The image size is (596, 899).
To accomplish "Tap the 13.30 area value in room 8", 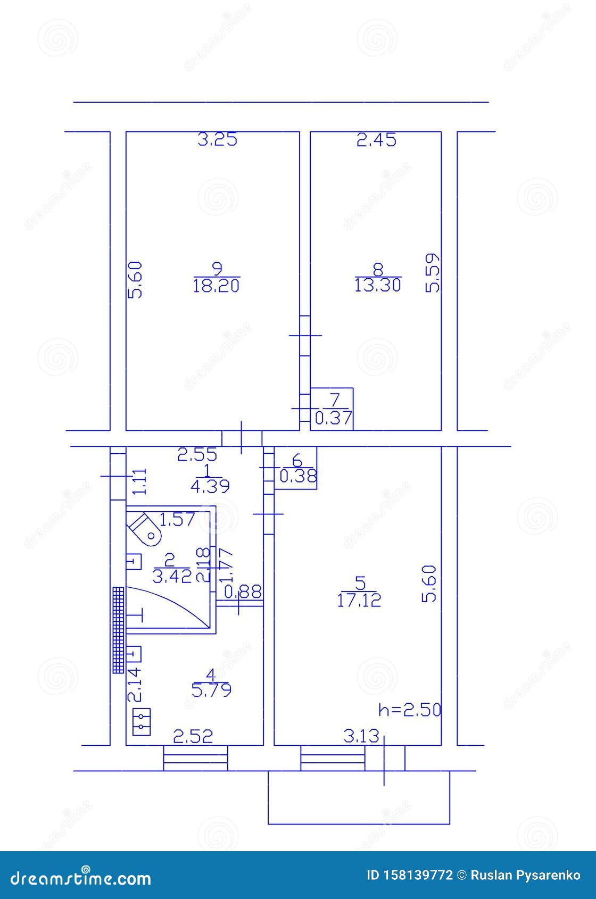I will click(x=377, y=286).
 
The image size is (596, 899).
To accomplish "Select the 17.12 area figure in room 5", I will click(x=359, y=601).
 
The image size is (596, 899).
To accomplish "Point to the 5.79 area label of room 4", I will click(x=211, y=690).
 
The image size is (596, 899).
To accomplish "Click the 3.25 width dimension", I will click(x=217, y=140).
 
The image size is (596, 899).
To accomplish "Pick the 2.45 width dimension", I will click(x=376, y=140).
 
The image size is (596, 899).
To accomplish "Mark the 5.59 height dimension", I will click(x=433, y=272).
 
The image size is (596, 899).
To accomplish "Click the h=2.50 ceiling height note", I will click(x=409, y=710).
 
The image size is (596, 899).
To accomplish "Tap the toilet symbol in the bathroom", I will click(x=145, y=529).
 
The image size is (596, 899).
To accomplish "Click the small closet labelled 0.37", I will click(x=333, y=409).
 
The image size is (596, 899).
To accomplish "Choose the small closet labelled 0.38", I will click(x=296, y=468).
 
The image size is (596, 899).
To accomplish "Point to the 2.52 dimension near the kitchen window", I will click(x=193, y=736).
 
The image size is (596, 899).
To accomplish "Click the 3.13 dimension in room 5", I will click(x=361, y=736).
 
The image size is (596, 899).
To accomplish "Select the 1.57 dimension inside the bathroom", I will click(x=178, y=519).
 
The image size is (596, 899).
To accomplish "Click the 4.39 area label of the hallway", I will click(x=210, y=486).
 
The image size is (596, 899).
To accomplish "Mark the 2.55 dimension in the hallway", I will click(x=197, y=455).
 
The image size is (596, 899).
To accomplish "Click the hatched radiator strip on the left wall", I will click(x=118, y=630).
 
